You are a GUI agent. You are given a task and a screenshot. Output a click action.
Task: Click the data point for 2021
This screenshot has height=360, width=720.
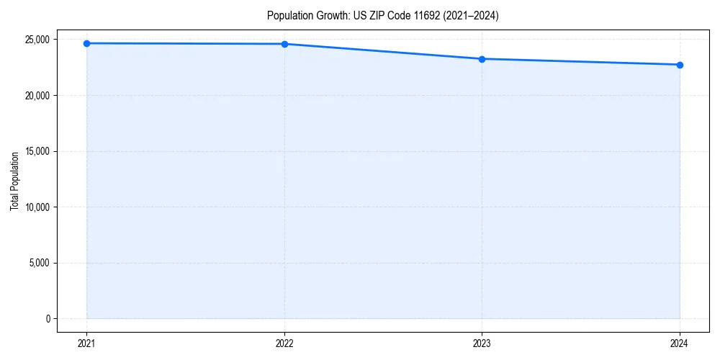tap(86, 43)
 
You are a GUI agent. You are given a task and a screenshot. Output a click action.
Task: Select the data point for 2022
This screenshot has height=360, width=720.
tap(284, 44)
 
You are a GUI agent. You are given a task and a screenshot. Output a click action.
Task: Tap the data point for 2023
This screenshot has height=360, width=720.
tap(482, 59)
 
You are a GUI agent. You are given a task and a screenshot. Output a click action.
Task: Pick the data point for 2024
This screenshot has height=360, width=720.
tap(680, 65)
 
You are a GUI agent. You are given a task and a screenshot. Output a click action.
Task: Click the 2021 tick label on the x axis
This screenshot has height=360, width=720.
tap(86, 343)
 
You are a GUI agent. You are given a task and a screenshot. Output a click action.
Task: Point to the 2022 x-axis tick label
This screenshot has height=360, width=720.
tap(284, 343)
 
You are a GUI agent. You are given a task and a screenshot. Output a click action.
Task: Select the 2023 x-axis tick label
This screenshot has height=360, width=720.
tap(482, 343)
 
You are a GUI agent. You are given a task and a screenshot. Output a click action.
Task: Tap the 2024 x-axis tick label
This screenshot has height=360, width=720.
tap(680, 343)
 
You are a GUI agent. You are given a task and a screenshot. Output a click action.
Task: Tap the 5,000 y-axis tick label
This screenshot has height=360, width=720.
tap(40, 263)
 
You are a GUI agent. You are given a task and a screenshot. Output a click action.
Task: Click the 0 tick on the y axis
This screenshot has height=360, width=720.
tap(48, 319)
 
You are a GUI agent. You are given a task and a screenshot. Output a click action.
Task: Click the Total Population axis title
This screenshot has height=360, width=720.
tap(14, 181)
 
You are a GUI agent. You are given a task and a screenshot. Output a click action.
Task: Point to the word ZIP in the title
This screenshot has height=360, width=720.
tap(373, 15)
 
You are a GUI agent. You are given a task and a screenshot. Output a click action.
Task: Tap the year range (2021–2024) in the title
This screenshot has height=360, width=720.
tap(470, 15)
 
